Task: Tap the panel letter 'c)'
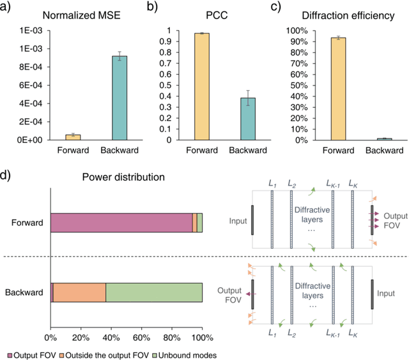(x=281, y=8)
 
